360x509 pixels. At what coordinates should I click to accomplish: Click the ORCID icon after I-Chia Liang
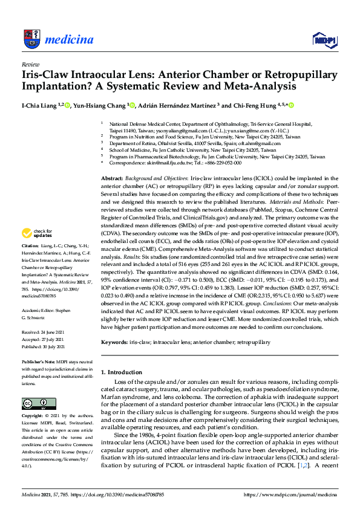(x=67, y=106)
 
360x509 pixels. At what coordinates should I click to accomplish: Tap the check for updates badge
(x=38, y=233)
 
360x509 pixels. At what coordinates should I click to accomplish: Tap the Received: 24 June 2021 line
(x=45, y=332)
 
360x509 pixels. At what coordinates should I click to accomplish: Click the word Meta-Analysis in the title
(x=244, y=86)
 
